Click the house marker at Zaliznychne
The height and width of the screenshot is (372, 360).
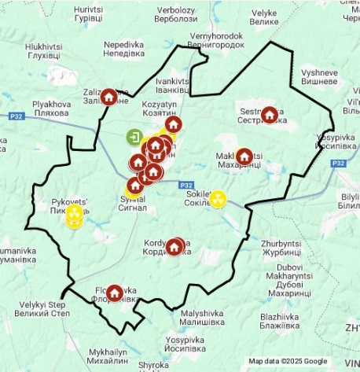[x=109, y=97]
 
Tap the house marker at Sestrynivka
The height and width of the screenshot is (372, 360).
[x=270, y=115]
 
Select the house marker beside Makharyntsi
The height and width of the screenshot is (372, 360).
[x=244, y=157]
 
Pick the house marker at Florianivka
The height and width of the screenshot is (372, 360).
[x=115, y=293]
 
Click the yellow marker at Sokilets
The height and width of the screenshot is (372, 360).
[x=218, y=198]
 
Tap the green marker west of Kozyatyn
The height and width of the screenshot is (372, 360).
[x=133, y=138]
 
